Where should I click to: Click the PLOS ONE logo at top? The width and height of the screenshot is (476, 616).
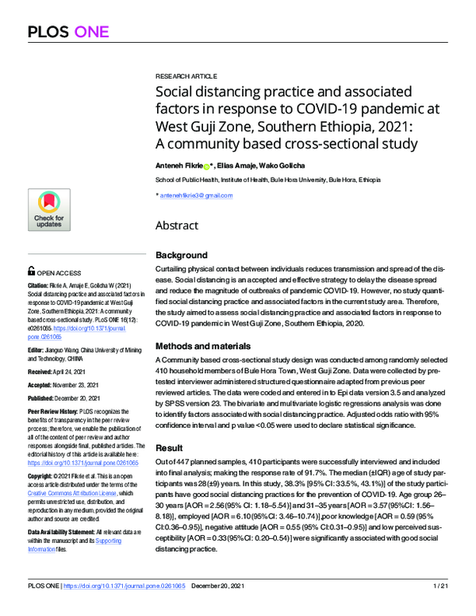71,32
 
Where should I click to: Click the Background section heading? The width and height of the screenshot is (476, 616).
182,256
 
